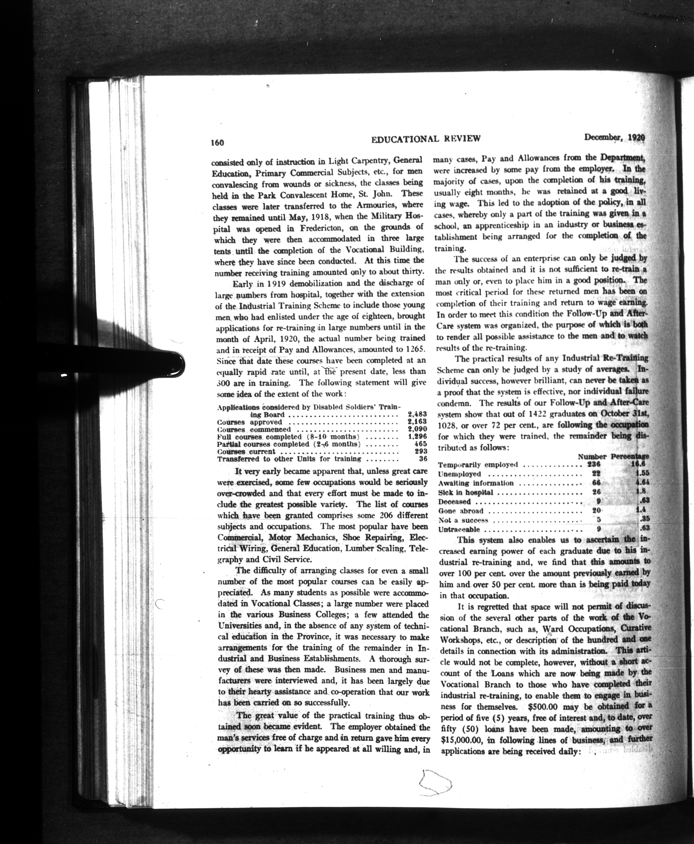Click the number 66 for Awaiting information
coord(596,483)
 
